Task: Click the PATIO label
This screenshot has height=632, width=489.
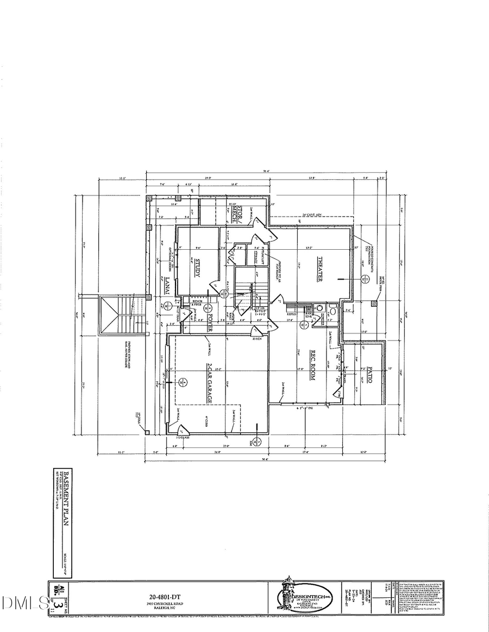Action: tap(369, 372)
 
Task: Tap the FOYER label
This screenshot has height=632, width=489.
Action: tap(209, 324)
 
